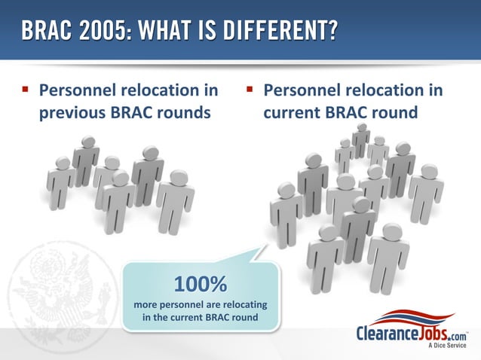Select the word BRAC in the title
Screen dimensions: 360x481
pyautogui.click(x=43, y=31)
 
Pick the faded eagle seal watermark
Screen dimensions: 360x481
pyautogui.click(x=57, y=290)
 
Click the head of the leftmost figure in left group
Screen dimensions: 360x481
pyautogui.click(x=63, y=163)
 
